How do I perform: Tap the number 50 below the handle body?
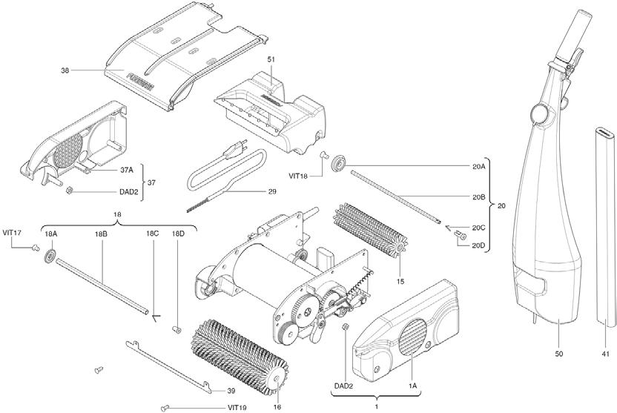point(560,354)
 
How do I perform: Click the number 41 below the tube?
point(605,354)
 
